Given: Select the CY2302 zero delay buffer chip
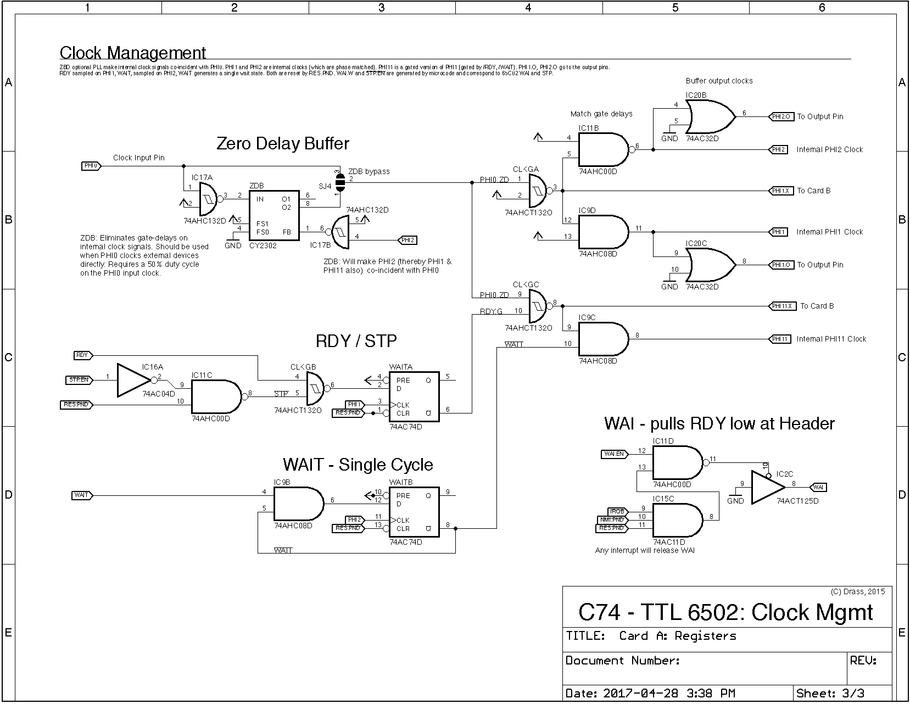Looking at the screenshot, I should [274, 215].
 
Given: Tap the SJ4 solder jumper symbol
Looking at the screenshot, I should [340, 182].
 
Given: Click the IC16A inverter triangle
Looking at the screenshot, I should [132, 380].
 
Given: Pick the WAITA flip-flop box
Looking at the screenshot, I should [414, 396].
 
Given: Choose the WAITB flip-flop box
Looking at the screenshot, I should [414, 512].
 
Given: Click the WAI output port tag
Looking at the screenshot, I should [818, 487].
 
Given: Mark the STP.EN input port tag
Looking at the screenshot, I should [79, 379].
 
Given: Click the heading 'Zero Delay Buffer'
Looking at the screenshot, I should [283, 144].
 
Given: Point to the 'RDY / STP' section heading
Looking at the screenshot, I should [356, 341].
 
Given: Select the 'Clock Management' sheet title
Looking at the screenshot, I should [132, 53].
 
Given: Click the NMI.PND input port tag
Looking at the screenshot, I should [610, 519].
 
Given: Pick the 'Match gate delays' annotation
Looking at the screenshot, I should [601, 114].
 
